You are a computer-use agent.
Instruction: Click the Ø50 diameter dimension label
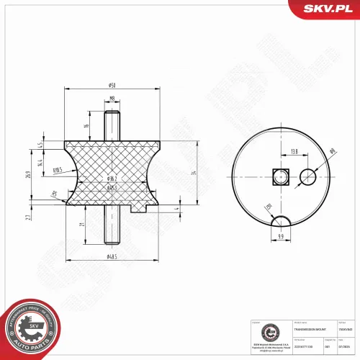(112, 86)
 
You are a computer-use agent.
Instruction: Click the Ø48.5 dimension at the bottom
(112, 256)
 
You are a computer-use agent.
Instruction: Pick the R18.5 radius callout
(58, 170)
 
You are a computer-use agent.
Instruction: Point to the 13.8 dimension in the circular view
(294, 152)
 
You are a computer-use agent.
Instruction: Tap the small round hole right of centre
(307, 174)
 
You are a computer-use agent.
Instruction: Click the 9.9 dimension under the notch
(281, 235)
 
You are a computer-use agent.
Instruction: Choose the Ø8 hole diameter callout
(332, 151)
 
